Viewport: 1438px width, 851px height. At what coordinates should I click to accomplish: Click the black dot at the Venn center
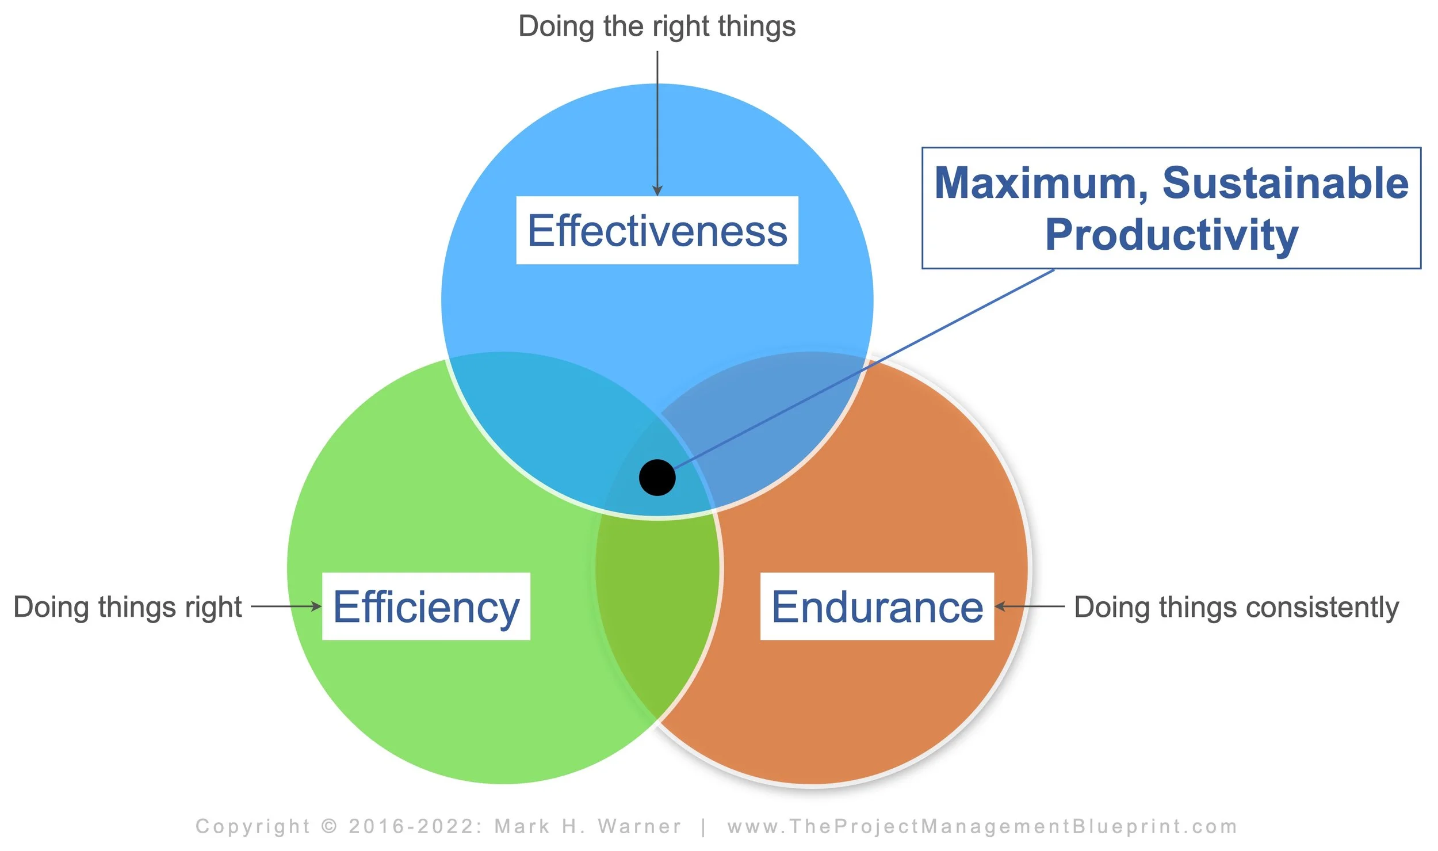point(657,478)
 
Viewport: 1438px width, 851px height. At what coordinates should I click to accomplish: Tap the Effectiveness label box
point(657,230)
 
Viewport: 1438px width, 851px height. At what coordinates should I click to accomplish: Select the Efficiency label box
point(426,606)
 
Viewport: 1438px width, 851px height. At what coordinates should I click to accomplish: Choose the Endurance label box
point(877,606)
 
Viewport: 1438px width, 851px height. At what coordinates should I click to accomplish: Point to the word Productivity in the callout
point(1171,235)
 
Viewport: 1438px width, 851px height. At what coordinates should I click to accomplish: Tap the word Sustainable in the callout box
point(1286,183)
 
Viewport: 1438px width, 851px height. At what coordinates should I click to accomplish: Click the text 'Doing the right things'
point(657,26)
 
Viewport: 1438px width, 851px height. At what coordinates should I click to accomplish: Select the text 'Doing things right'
point(128,607)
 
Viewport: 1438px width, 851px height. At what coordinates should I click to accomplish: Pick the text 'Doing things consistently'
point(1237,607)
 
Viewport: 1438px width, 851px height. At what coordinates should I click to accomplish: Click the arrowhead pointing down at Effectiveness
point(657,191)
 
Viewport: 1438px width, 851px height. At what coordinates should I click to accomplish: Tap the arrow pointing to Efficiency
point(286,606)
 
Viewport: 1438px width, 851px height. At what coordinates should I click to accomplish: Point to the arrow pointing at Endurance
point(1030,606)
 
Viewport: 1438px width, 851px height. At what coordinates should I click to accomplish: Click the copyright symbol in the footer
point(329,826)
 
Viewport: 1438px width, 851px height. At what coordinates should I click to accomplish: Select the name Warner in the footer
point(640,826)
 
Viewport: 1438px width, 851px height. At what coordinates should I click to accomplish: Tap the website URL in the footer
point(982,826)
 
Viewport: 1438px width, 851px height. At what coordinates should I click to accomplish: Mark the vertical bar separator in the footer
point(703,826)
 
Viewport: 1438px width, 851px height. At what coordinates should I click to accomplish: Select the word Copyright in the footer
point(253,826)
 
